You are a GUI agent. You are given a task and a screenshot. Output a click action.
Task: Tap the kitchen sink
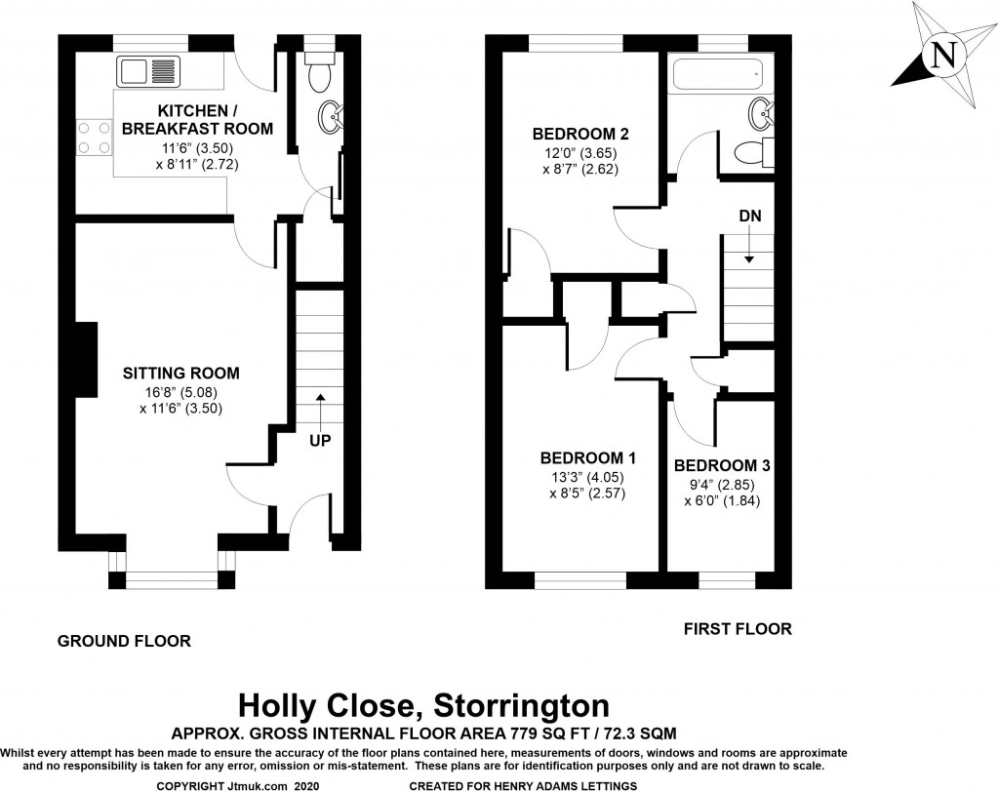[149, 71]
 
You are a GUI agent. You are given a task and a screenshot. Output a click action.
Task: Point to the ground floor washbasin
[330, 117]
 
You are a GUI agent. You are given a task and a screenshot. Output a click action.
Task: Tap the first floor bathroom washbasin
[761, 115]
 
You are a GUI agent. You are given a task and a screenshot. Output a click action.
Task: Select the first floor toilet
[752, 152]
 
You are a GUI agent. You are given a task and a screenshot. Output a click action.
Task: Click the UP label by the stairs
[320, 441]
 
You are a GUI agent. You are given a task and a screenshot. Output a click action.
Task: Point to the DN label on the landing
[749, 216]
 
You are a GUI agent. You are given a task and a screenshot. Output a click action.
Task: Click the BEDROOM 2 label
[580, 134]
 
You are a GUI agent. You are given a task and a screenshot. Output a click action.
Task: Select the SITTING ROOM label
[181, 373]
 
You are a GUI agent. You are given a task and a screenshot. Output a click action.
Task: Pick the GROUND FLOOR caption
[124, 641]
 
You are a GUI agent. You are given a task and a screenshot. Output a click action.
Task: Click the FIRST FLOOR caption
[738, 629]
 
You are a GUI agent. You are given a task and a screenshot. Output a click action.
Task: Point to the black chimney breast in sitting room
[85, 360]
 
